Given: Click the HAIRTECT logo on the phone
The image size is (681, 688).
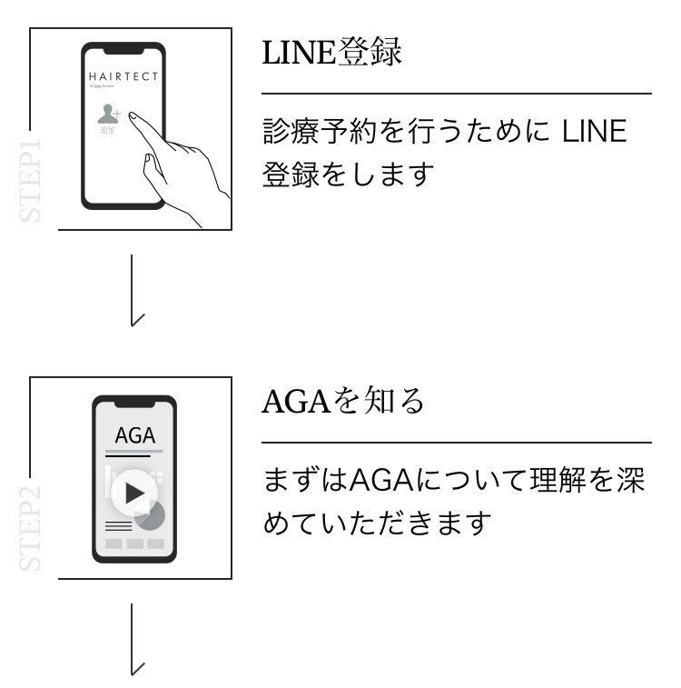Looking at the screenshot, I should tap(123, 75).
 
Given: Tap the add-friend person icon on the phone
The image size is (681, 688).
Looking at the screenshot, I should tap(109, 115).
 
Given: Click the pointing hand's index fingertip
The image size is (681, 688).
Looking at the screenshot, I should tap(133, 115).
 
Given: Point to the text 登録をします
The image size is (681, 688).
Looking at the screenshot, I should tap(345, 174).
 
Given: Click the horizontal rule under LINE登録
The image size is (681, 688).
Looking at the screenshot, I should tap(457, 93).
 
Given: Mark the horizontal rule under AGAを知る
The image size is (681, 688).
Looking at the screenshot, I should tap(457, 443).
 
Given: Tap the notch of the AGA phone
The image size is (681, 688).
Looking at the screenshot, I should tap(134, 401).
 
